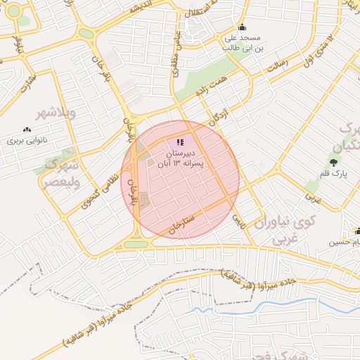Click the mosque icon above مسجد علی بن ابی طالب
point(242,28)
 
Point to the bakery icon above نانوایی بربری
point(27,129)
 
